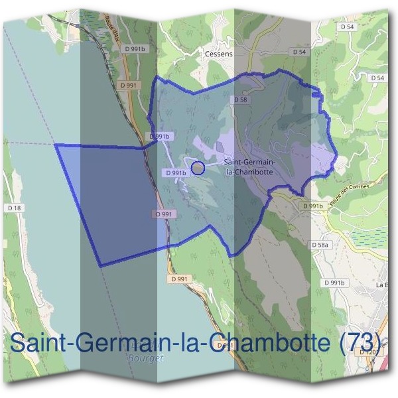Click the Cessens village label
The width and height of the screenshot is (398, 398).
coord(219,54)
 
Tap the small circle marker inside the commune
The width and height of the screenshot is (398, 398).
coord(197,168)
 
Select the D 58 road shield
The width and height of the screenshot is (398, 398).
coord(240,99)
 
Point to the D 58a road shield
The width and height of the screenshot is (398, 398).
coord(320,245)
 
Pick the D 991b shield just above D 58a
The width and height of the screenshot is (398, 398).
coord(312,206)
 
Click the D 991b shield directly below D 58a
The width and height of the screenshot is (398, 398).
coord(335,283)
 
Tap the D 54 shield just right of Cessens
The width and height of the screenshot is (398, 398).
coord(298,52)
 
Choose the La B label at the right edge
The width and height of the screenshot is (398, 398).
coord(382,285)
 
